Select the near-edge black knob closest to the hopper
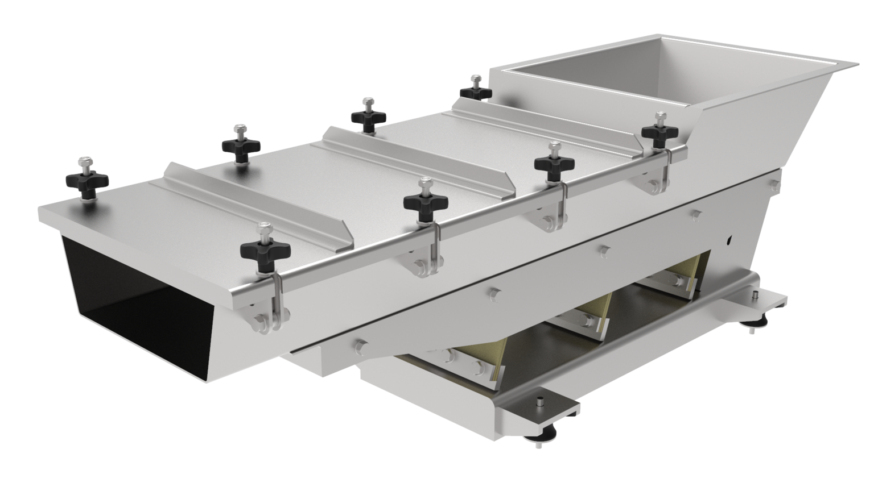click(x=659, y=131)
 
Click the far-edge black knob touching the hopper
click(x=475, y=91)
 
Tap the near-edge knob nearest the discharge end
click(x=265, y=250)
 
